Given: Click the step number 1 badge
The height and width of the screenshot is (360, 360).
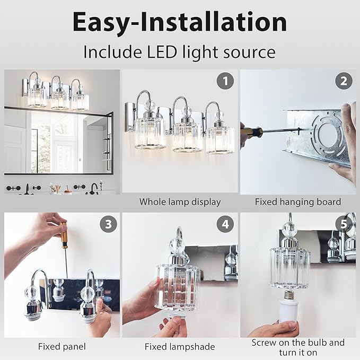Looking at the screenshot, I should (226, 81).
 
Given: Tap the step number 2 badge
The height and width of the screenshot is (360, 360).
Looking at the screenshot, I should (344, 81).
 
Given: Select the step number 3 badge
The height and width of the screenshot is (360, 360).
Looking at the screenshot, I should (108, 224).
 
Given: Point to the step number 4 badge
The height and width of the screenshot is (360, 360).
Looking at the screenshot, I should (226, 224).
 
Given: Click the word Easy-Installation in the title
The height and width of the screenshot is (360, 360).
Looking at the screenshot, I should (180, 22).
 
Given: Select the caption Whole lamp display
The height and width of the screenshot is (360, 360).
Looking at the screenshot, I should (180, 201).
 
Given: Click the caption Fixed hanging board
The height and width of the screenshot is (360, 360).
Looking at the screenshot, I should (297, 201).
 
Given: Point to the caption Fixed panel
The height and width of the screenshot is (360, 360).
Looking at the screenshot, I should (62, 347).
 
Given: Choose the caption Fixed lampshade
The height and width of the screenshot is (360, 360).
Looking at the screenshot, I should (180, 347).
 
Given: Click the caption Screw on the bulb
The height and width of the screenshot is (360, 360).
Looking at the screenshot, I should (297, 343).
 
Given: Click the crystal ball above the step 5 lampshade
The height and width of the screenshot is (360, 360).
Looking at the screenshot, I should (289, 229).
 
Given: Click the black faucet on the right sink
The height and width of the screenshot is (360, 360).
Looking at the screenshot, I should (94, 187).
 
